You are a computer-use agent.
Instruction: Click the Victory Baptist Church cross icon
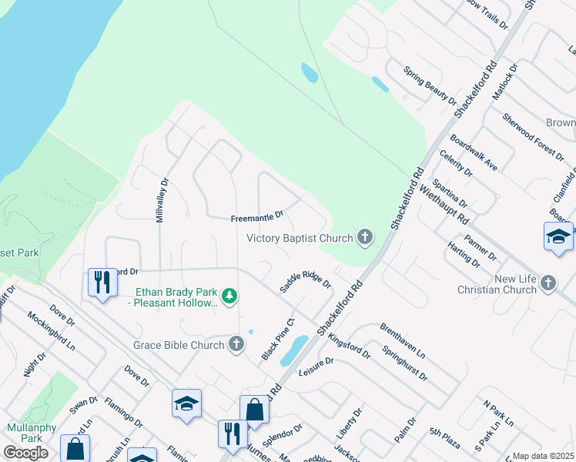point(364,238)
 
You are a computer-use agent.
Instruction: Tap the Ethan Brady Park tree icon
point(229,296)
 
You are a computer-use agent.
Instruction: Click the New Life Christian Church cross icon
point(548,283)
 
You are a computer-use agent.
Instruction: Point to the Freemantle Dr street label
point(257,218)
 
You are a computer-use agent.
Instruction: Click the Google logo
point(25,452)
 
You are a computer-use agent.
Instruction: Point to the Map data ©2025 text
point(543,456)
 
